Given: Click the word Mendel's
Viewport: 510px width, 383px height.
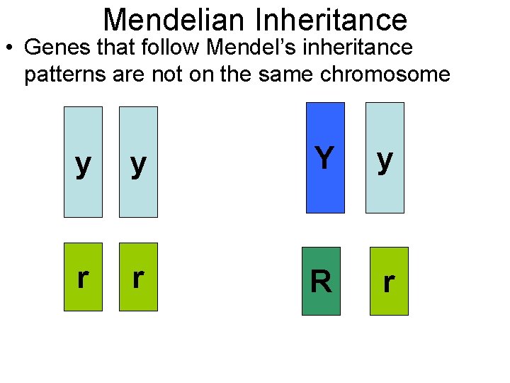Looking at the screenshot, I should point(240,48).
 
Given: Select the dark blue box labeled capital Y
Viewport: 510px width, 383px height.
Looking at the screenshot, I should point(325,157).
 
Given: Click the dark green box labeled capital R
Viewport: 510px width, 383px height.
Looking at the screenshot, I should point(321,281).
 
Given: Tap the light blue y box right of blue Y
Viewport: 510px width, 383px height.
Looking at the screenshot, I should point(385,157).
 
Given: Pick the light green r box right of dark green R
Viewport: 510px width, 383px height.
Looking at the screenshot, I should point(389,281).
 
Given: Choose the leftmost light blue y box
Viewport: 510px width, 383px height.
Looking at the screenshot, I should point(83,162).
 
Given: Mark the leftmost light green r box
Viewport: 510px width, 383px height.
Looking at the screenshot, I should point(83,277).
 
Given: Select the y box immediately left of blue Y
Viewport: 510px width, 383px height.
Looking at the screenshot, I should point(138,162).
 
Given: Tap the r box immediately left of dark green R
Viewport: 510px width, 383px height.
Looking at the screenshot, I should point(138,277).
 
